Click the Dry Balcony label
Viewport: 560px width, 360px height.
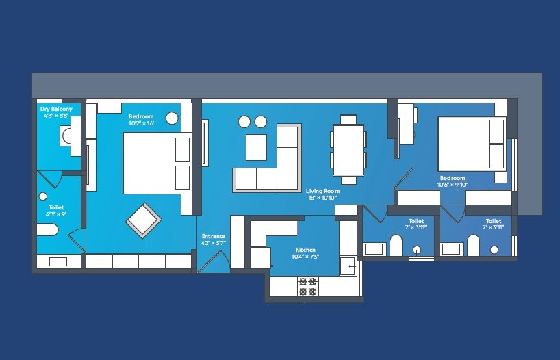55,109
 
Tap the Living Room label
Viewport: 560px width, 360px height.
322,191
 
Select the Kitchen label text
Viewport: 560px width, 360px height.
305,250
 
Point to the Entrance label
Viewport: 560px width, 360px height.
213,236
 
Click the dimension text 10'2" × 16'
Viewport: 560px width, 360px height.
141,123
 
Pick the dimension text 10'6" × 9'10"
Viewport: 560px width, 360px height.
453,185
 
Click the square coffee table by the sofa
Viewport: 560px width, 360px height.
256,146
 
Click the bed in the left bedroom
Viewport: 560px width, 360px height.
156,163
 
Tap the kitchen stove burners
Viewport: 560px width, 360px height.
308,286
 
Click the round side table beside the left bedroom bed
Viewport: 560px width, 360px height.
172,118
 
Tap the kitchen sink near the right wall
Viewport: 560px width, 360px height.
348,266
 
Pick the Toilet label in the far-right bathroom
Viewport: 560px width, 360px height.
494,221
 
